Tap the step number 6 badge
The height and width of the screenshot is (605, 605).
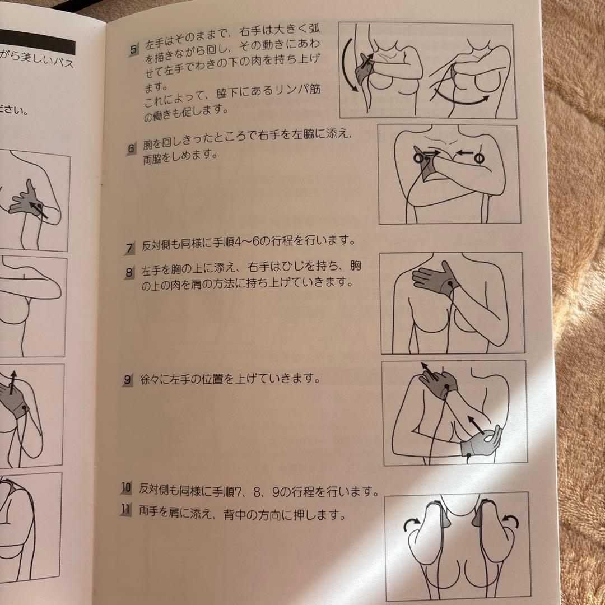pos(132,149)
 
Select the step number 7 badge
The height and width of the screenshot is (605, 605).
pos(130,247)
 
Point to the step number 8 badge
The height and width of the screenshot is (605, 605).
pos(129,273)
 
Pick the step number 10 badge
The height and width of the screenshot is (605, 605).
pos(126,488)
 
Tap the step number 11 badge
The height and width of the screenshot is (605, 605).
pos(126,510)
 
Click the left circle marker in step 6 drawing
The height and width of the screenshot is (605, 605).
pos(418,159)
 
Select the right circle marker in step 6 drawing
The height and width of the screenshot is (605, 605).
pos(479,159)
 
